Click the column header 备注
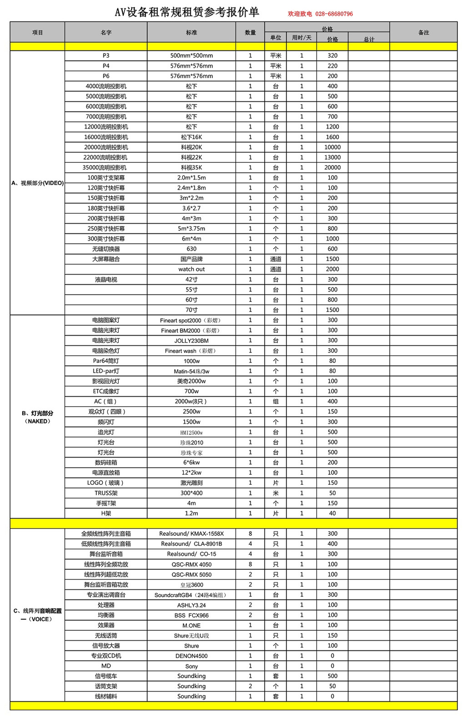[x=423, y=33]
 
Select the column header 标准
[x=191, y=33]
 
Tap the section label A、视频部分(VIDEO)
[x=38, y=183]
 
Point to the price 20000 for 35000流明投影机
[x=332, y=167]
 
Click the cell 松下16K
[x=191, y=137]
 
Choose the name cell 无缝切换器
[x=106, y=249]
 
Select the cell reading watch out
[x=191, y=269]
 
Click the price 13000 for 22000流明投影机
[x=332, y=157]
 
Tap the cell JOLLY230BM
[x=191, y=341]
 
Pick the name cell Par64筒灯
[x=106, y=361]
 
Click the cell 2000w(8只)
[x=191, y=402]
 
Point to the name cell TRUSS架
[x=106, y=493]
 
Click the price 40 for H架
[x=332, y=514]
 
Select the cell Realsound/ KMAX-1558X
[x=191, y=534]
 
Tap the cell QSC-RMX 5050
[x=191, y=574]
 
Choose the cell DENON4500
[x=191, y=656]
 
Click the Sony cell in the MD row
[x=191, y=666]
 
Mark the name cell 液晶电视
[x=106, y=280]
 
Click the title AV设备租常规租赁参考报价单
[x=187, y=13]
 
